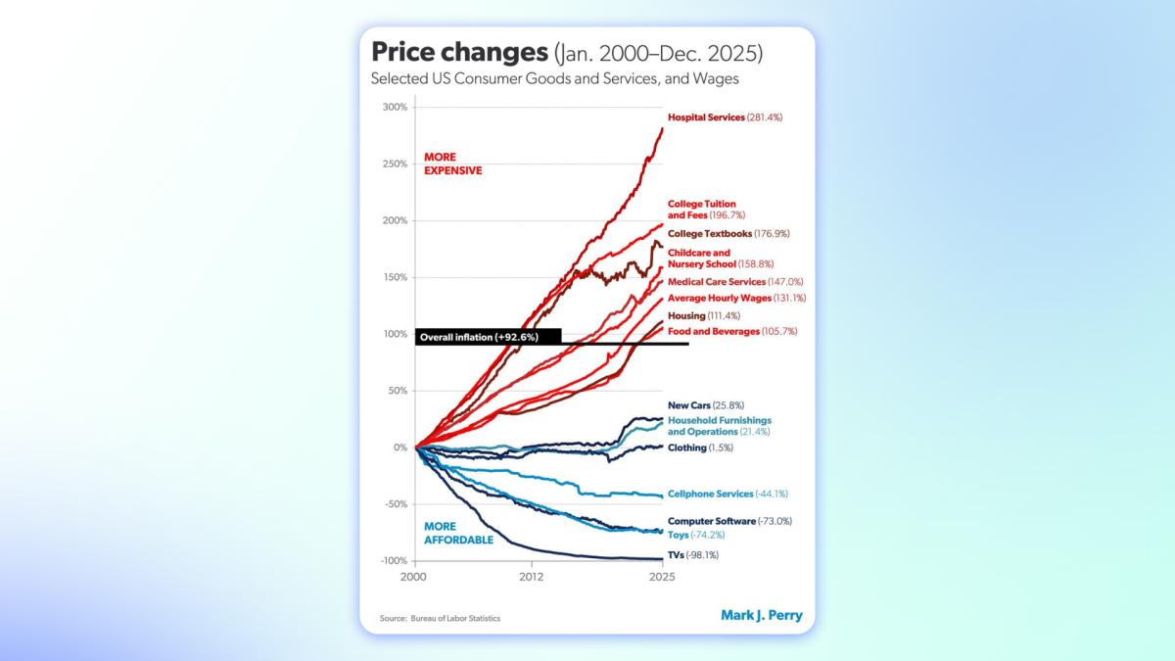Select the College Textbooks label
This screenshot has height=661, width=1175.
coord(728,234)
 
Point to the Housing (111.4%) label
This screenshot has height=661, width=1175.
coord(703,315)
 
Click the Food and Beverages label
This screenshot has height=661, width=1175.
coord(732,332)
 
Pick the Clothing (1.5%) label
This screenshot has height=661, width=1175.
coord(700,448)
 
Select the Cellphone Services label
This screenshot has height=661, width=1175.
coord(728,495)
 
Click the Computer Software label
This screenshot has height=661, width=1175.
coord(729,521)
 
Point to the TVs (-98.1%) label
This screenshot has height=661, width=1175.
coord(693,555)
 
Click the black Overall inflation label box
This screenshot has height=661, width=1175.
coord(488,337)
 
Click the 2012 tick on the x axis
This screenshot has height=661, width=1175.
coord(532,578)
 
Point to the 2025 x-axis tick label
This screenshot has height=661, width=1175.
coord(662,578)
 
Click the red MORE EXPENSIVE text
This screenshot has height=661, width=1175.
coord(452,164)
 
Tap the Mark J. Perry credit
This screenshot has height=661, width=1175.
coord(761,616)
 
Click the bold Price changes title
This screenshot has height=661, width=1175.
coord(452,52)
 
